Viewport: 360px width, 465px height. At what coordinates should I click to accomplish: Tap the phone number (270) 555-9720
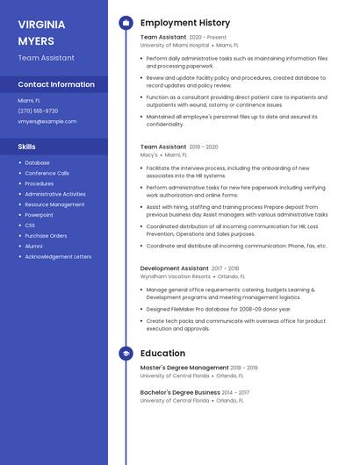point(38,111)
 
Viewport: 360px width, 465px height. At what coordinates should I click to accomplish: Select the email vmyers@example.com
point(41,121)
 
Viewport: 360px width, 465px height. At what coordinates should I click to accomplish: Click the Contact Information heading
point(56,84)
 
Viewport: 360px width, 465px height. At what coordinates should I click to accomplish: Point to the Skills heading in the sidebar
point(27,147)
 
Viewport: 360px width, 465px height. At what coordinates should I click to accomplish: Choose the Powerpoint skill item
point(39,215)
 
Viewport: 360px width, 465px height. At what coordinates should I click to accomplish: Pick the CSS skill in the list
point(30,225)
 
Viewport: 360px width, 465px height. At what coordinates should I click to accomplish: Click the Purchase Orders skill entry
point(46,236)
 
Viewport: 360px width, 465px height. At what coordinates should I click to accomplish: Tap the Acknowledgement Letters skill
point(58,257)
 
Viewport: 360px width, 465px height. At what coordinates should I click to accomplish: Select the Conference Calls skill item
point(47,173)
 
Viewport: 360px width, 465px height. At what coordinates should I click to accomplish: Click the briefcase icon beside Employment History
point(126,23)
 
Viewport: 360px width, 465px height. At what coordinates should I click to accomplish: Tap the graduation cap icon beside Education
point(126,354)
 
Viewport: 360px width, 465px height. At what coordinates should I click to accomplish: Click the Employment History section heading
point(185,23)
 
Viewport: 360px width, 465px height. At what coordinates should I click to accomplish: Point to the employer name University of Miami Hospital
point(175,45)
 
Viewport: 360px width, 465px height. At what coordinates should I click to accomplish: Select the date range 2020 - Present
point(208,38)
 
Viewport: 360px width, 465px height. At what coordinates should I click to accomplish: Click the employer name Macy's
point(149,154)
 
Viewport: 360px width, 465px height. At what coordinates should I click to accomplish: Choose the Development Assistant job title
point(175,268)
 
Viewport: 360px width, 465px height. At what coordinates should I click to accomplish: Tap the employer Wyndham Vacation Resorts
point(176,276)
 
